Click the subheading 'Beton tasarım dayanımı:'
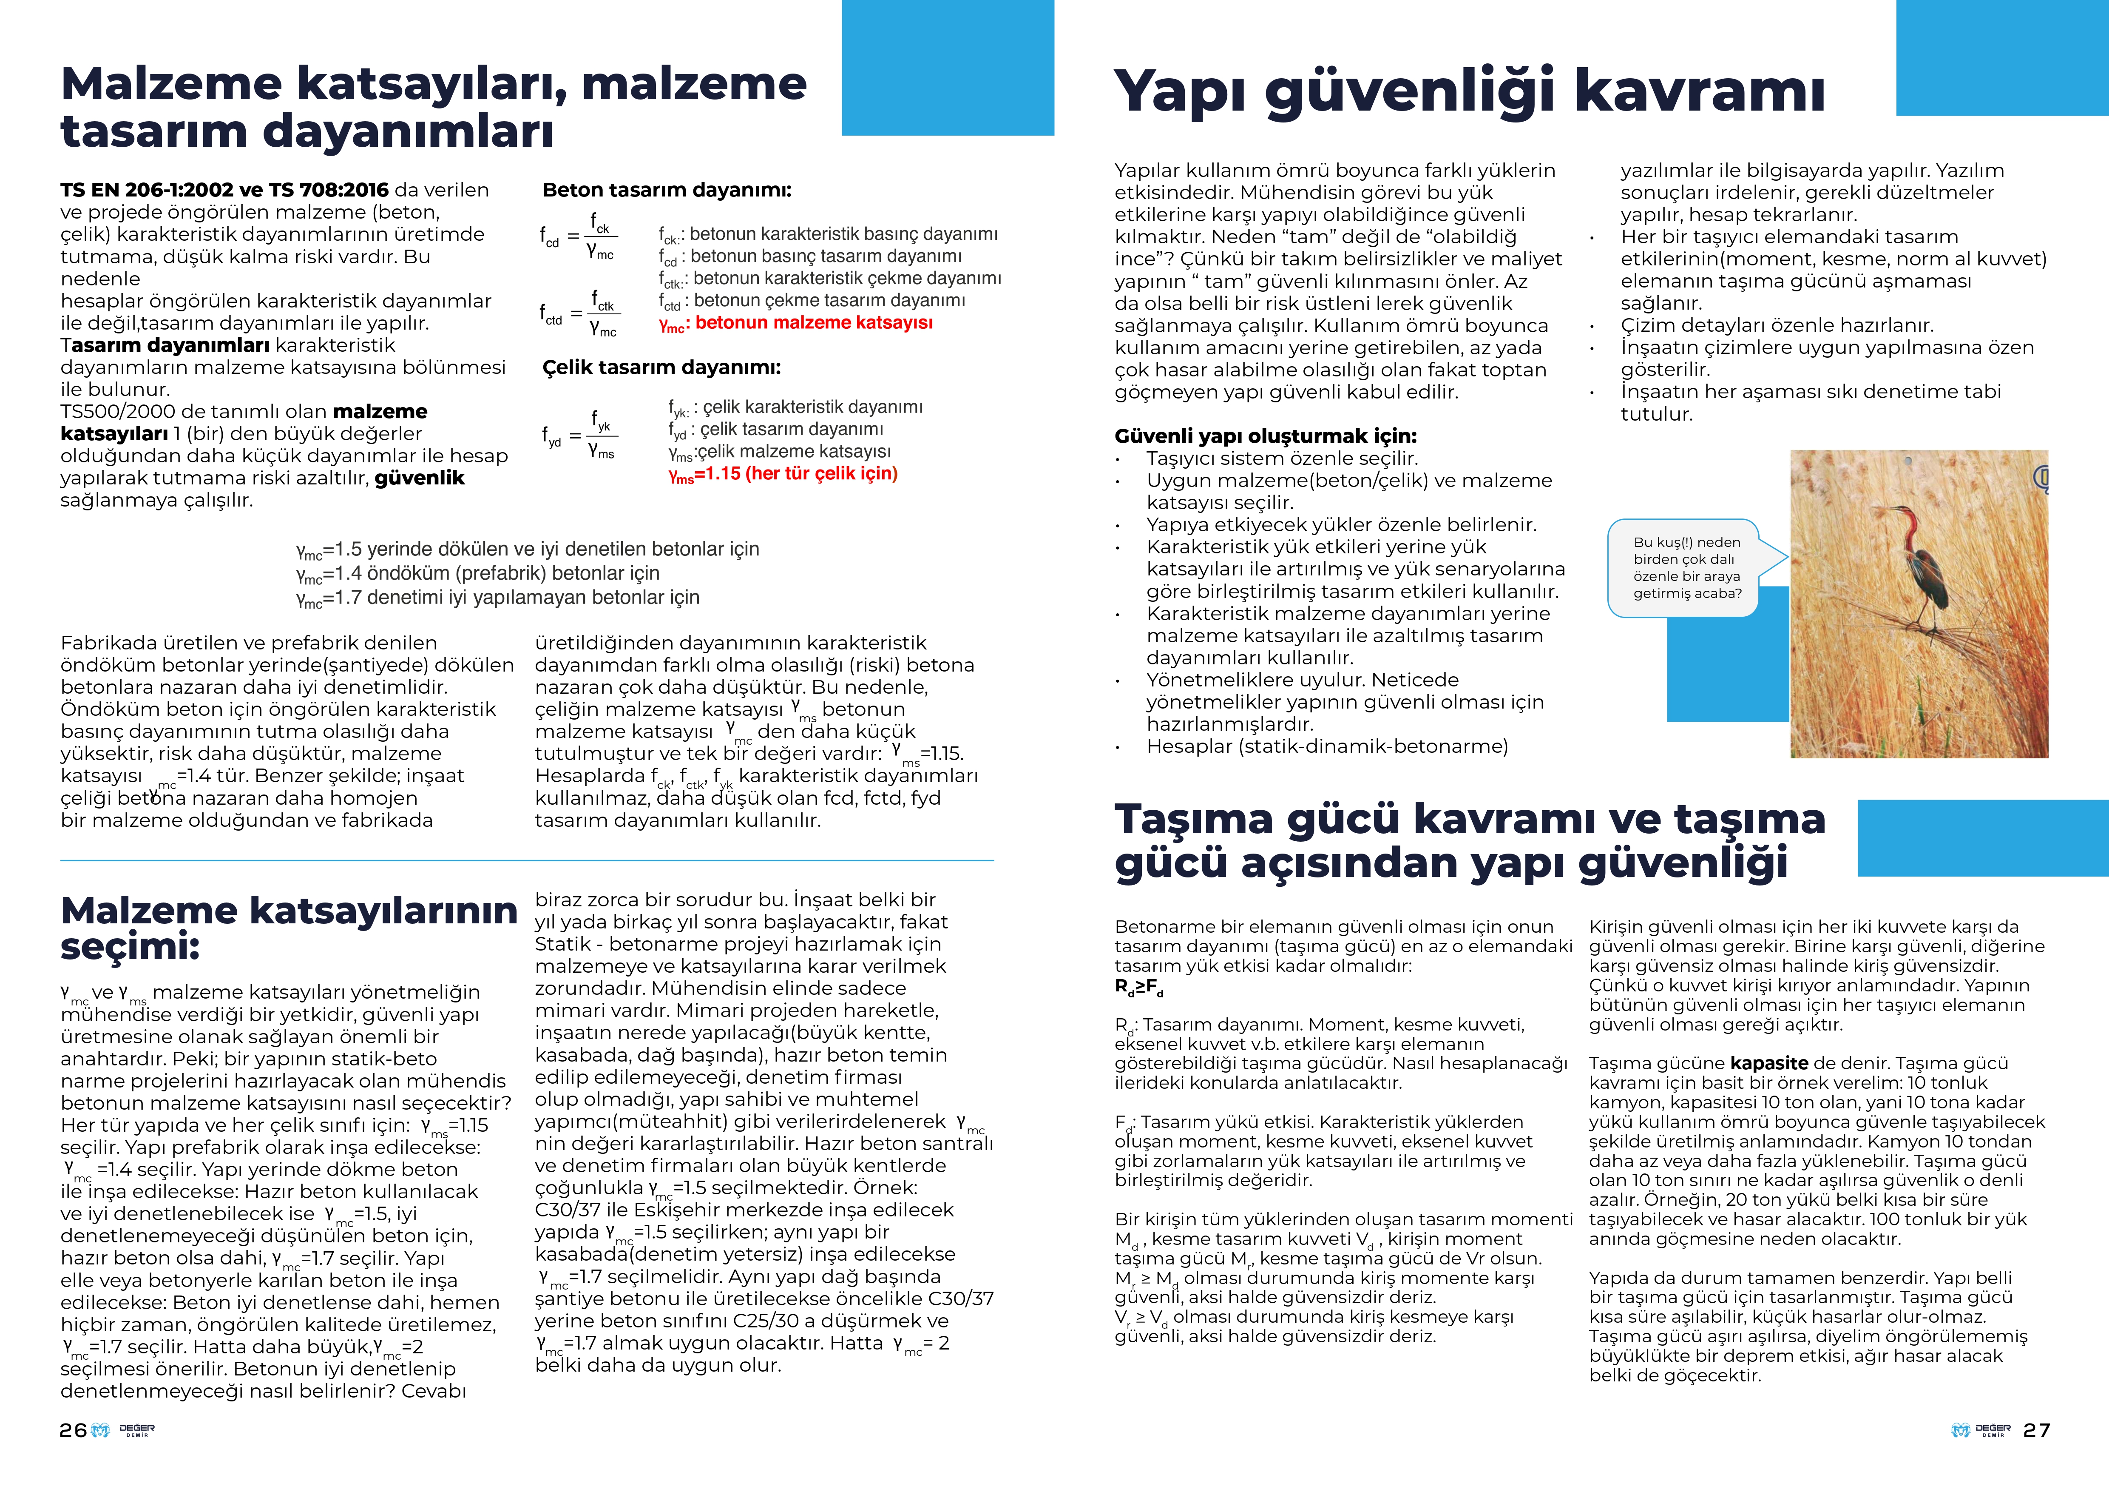[667, 190]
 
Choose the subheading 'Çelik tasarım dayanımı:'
[661, 367]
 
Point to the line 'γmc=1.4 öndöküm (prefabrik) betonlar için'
[478, 573]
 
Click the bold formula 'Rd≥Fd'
[1139, 987]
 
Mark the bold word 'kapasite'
[1768, 1063]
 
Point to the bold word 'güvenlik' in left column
[420, 478]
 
